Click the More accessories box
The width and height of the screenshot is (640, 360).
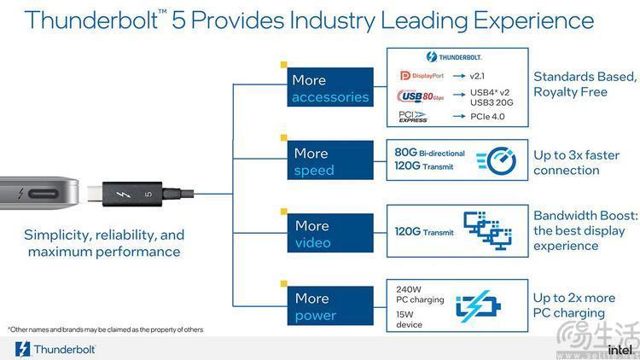(330, 87)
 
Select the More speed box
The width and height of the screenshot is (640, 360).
(330, 160)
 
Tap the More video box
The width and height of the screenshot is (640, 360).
(330, 233)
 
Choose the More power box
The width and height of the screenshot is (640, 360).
(330, 305)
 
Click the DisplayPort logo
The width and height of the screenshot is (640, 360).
(422, 76)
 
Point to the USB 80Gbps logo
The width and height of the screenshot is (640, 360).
(420, 96)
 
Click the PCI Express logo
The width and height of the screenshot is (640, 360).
(413, 116)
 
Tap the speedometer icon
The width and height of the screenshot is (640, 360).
(497, 160)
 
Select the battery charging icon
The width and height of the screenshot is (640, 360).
(478, 305)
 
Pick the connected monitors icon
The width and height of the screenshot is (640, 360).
(488, 230)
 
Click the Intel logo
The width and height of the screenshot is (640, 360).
(621, 350)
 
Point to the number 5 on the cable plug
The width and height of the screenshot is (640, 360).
(148, 194)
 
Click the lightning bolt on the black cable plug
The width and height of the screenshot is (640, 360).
(123, 195)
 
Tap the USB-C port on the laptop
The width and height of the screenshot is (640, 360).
(44, 194)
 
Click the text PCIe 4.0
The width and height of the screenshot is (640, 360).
(487, 116)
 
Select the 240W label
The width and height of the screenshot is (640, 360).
(408, 289)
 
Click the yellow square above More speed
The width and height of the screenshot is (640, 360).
(283, 137)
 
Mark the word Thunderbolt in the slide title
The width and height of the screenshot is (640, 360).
(91, 20)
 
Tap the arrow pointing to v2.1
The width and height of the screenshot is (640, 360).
(459, 76)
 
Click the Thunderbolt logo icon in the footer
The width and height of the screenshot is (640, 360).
(22, 350)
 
